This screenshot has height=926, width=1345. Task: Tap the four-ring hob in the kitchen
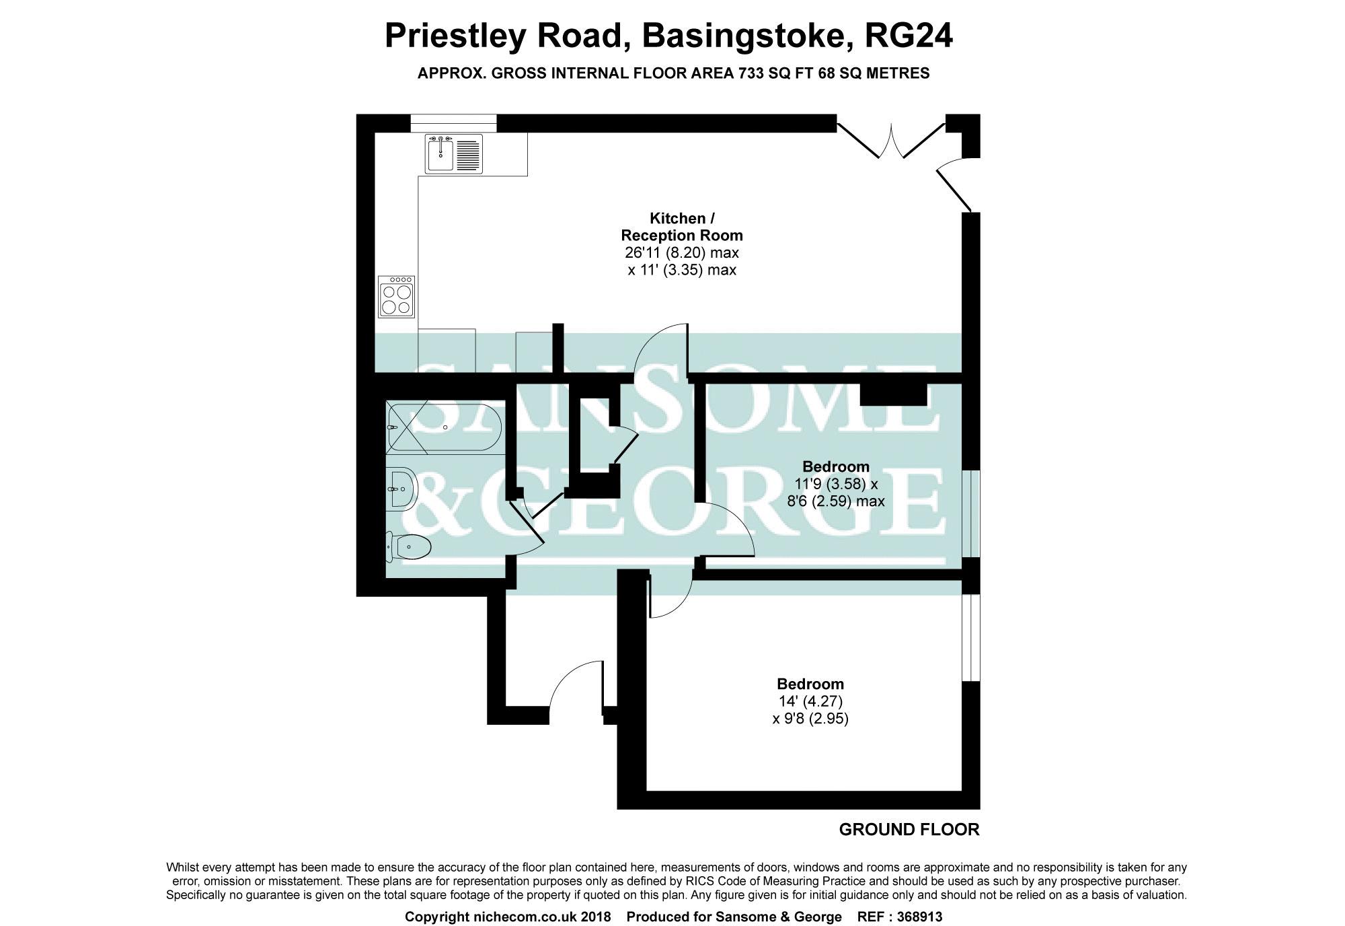coord(396,296)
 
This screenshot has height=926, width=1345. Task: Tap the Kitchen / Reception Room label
coord(682,227)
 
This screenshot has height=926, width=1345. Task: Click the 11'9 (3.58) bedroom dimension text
coord(836,484)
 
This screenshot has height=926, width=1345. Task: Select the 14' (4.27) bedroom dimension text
coord(810,702)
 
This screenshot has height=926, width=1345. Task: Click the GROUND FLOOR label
coord(909,830)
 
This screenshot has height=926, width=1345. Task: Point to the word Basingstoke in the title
coord(743,36)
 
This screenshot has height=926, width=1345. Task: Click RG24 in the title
coord(908,36)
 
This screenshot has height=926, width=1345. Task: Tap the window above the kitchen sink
coord(453,122)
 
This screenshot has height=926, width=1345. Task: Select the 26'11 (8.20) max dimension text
coord(682,253)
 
